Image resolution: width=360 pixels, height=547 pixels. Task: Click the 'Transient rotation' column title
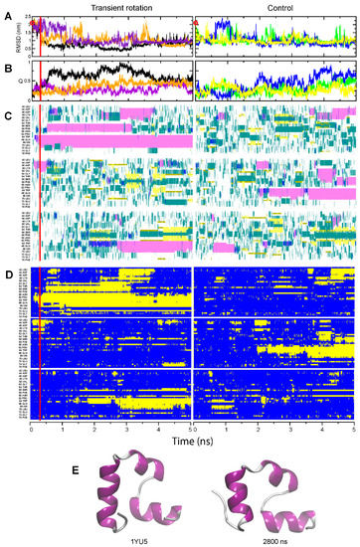click(x=111, y=7)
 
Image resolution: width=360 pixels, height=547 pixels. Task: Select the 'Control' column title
click(x=274, y=7)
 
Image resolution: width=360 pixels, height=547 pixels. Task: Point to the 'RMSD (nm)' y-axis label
click(x=22, y=34)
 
